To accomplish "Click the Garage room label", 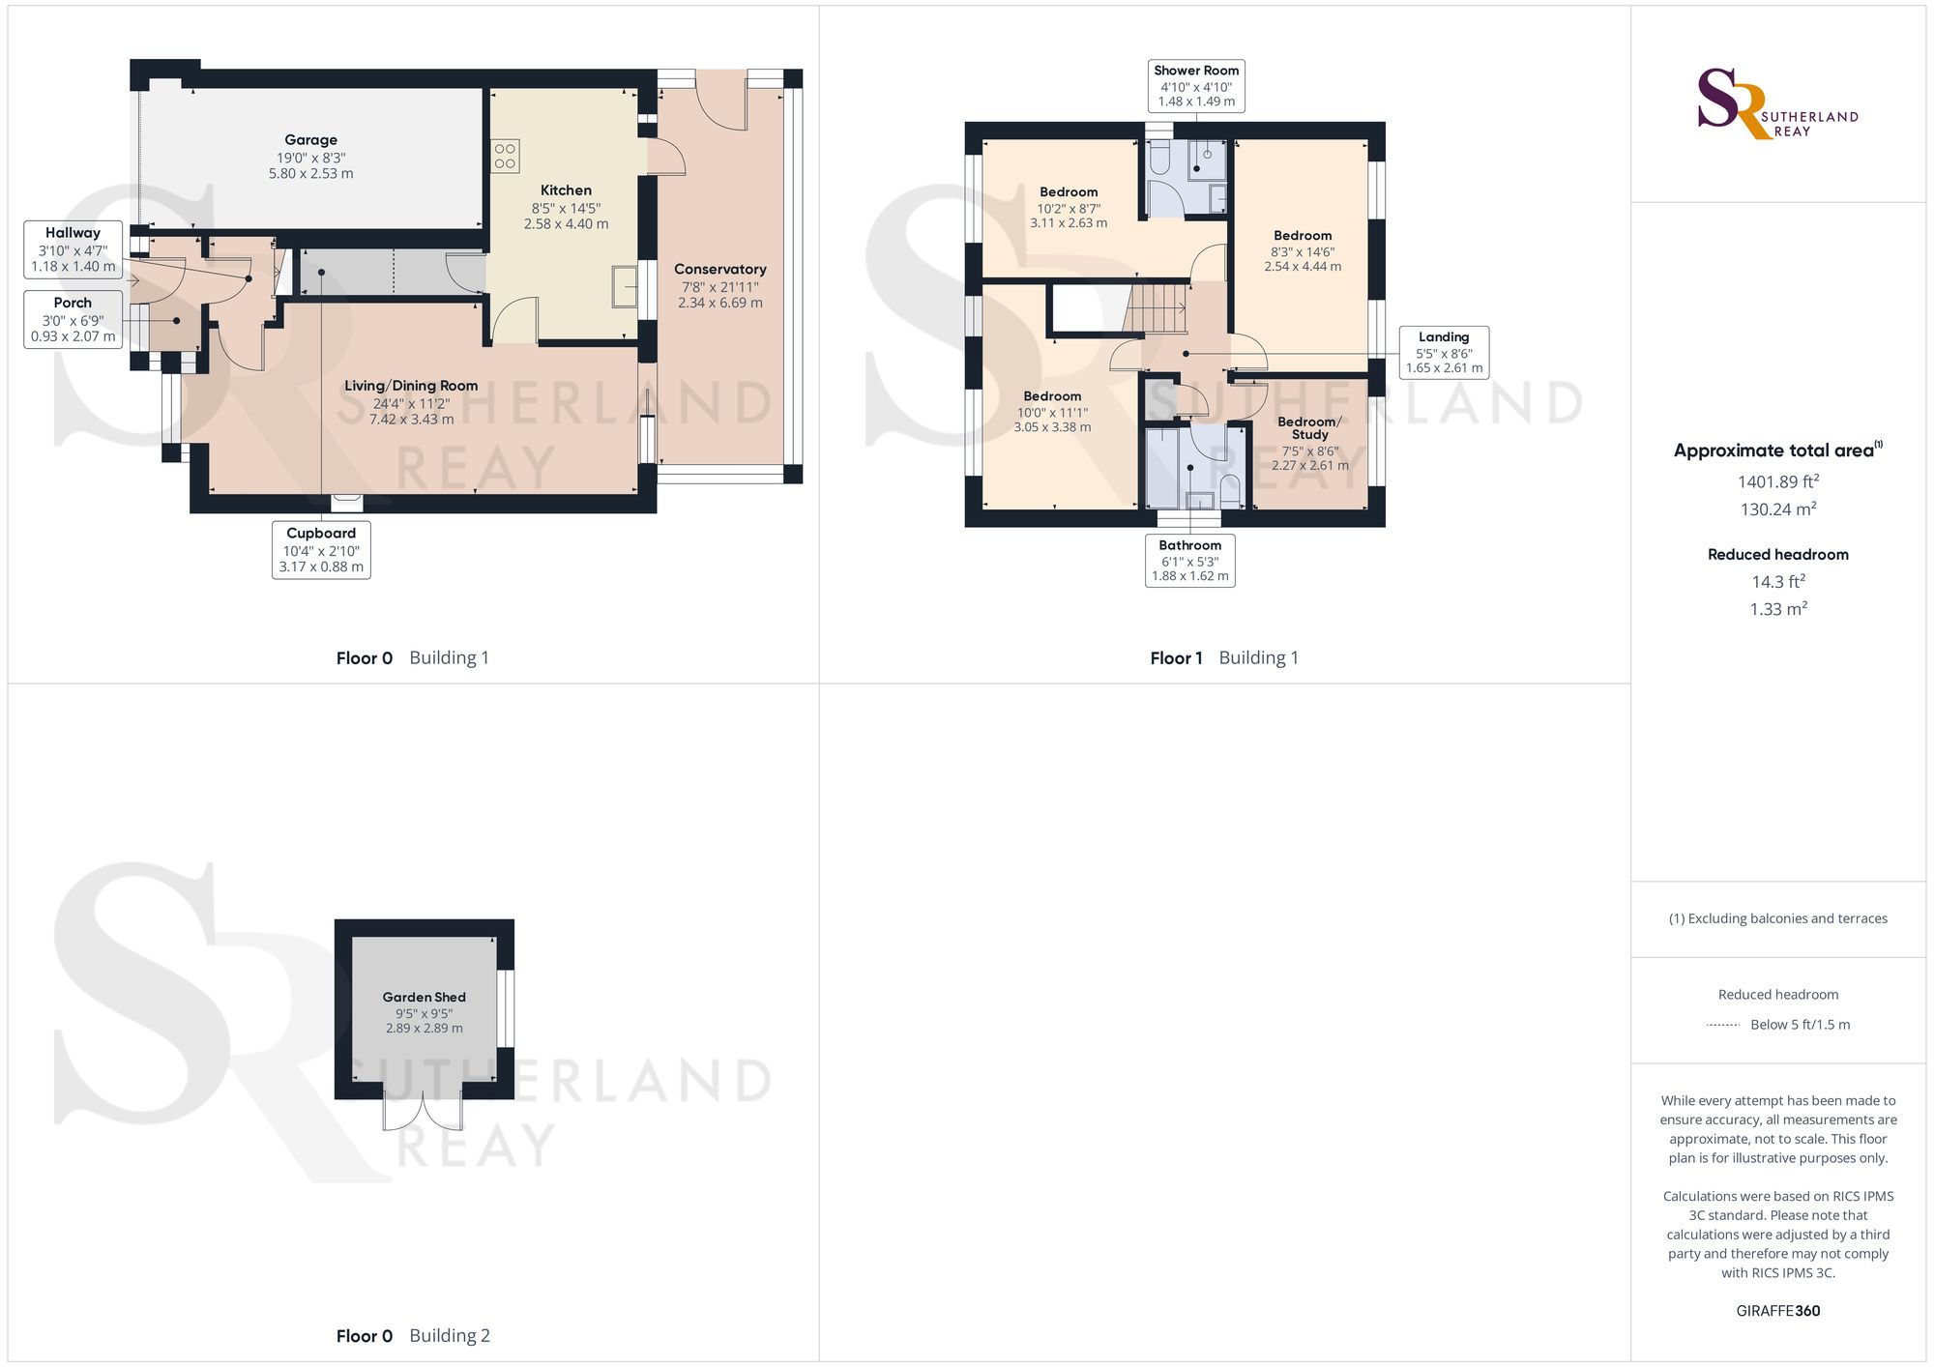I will point(310,140).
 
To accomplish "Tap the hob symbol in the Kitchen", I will point(505,157).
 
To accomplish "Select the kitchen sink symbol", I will point(625,286).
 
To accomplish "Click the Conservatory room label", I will point(720,270).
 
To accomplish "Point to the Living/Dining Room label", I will point(411,386).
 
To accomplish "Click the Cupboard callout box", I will point(321,549).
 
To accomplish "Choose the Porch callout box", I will point(73,319).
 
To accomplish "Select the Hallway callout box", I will point(73,249).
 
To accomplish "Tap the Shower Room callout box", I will point(1196,86).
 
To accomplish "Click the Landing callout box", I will point(1444,352).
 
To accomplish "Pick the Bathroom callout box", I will point(1189,561).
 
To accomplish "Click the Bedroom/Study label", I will point(1309,428).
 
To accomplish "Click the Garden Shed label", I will point(424,997).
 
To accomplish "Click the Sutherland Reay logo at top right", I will point(1777,104).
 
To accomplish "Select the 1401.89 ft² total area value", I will point(1777,481).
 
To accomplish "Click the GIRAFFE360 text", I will point(1777,1311).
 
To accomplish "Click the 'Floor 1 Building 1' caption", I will point(1224,658).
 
